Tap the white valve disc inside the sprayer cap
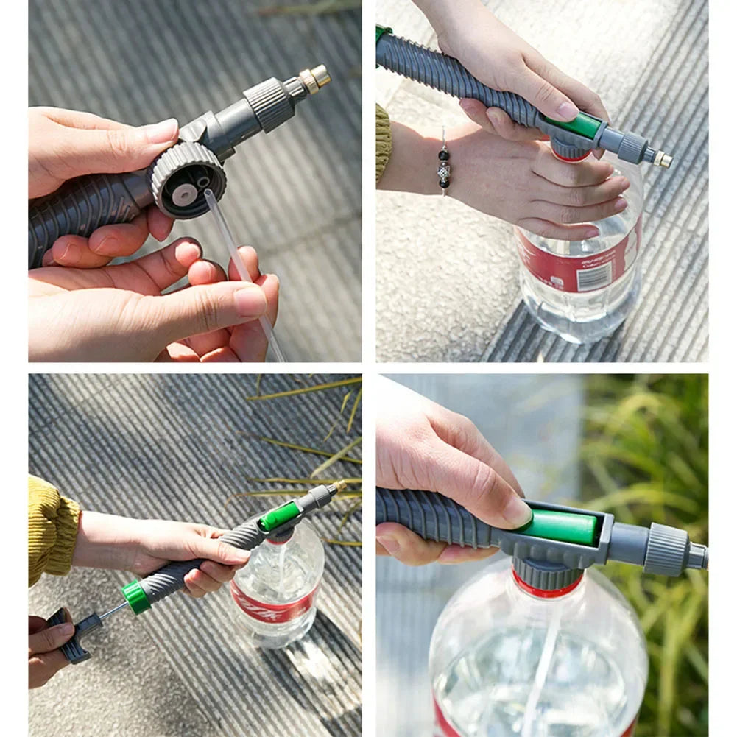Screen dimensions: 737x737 [x=185, y=194]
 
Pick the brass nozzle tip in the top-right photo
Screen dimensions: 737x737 [x=662, y=159]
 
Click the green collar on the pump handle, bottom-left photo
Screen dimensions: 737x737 [x=136, y=596]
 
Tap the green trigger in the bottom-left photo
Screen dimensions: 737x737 [x=280, y=516]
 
